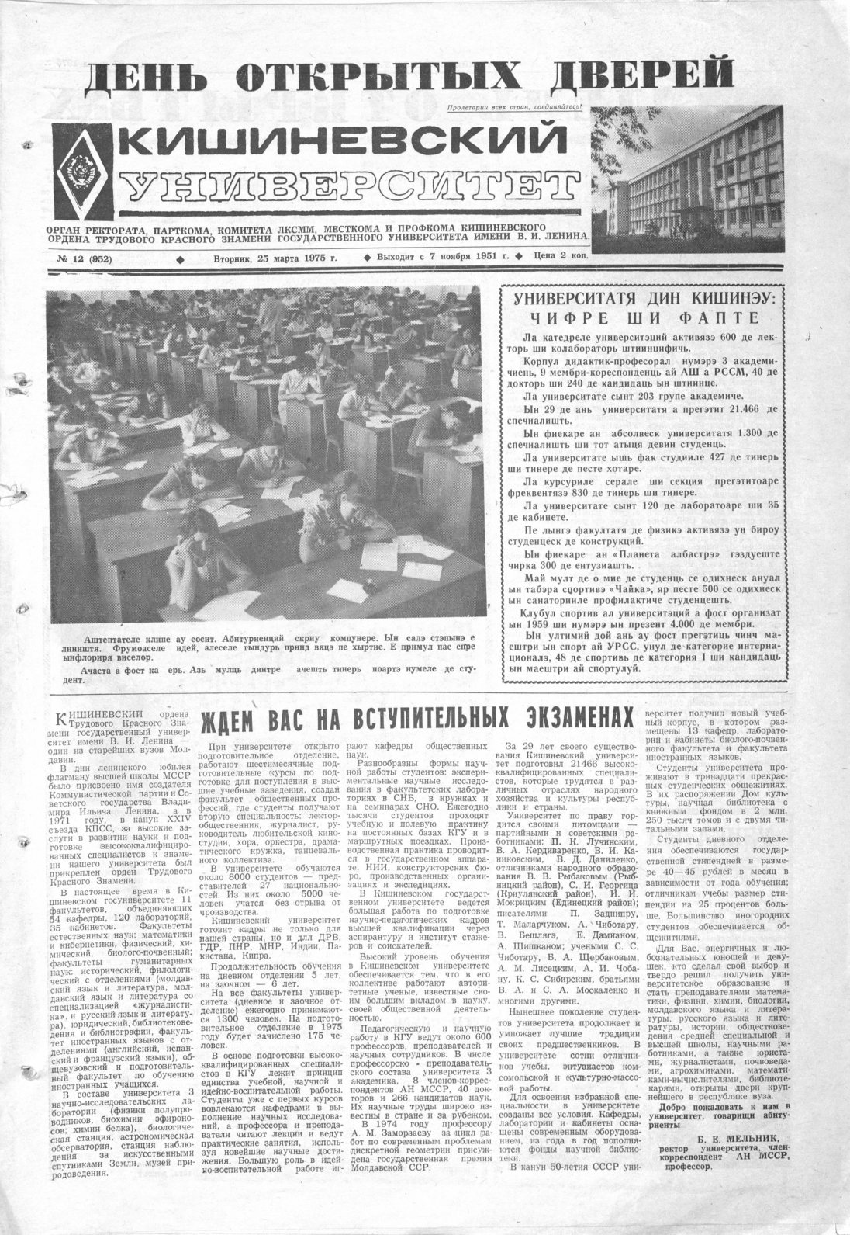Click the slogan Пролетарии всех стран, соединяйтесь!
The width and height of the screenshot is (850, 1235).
pos(515,109)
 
